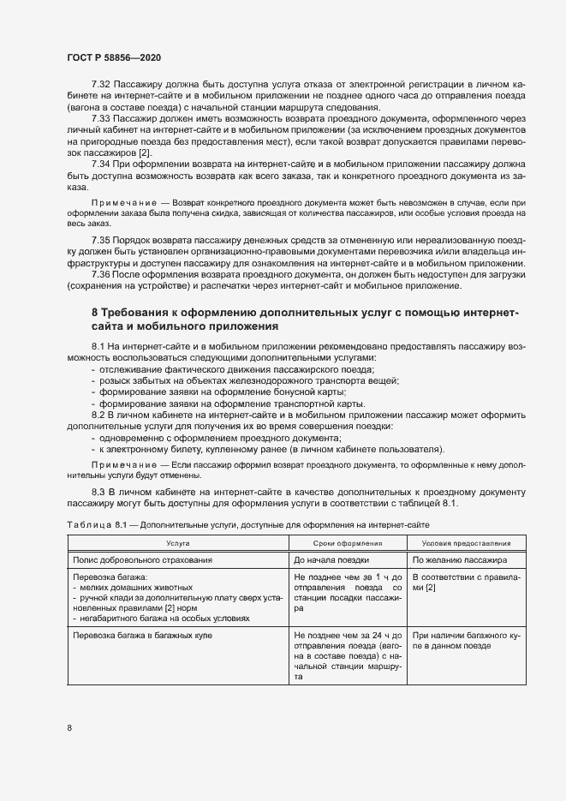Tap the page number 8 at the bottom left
pyautogui.click(x=69, y=728)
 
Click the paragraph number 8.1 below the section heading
pyautogui.click(x=100, y=344)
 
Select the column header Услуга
pyautogui.click(x=178, y=543)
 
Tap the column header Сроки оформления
pyautogui.click(x=348, y=543)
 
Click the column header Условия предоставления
pyautogui.click(x=462, y=543)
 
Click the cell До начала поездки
pyautogui.click(x=326, y=559)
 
